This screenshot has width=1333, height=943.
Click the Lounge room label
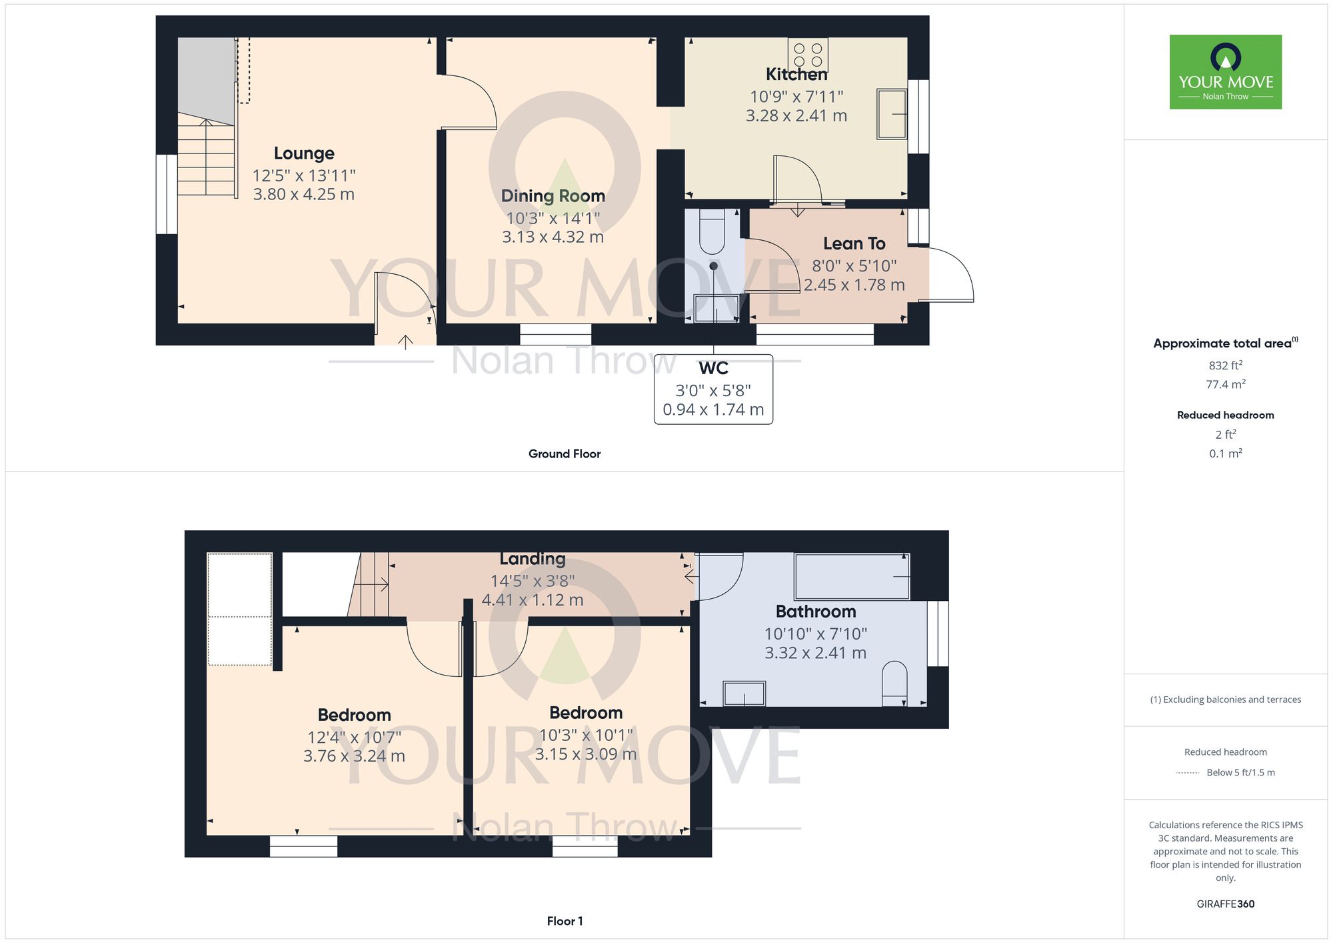[x=304, y=153]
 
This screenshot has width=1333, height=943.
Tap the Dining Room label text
[x=553, y=196]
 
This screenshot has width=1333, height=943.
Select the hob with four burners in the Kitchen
[x=808, y=55]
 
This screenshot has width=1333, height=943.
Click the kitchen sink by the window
[x=892, y=114]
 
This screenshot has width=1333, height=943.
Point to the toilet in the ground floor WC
[x=712, y=231]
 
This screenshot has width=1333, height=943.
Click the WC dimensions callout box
[x=713, y=389]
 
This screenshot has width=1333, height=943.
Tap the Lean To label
[x=854, y=243]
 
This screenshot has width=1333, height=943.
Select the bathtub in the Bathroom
[x=852, y=576]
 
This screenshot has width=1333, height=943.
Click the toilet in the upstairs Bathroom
[x=894, y=684]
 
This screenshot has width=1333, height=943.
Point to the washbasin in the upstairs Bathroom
[x=744, y=694]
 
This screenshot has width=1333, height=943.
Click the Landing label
[x=533, y=559]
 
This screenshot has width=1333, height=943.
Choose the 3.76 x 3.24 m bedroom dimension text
[x=354, y=756]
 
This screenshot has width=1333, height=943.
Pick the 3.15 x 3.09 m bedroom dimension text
[x=586, y=754]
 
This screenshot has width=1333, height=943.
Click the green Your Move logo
[x=1226, y=72]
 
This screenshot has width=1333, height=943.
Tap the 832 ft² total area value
[x=1226, y=365]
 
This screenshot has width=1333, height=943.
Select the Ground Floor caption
[x=565, y=454]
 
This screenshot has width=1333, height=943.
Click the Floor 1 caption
[x=565, y=921]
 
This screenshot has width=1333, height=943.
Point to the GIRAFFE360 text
[x=1226, y=904]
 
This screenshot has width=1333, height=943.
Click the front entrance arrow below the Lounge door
[x=405, y=342]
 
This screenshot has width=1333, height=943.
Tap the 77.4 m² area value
[x=1226, y=384]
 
